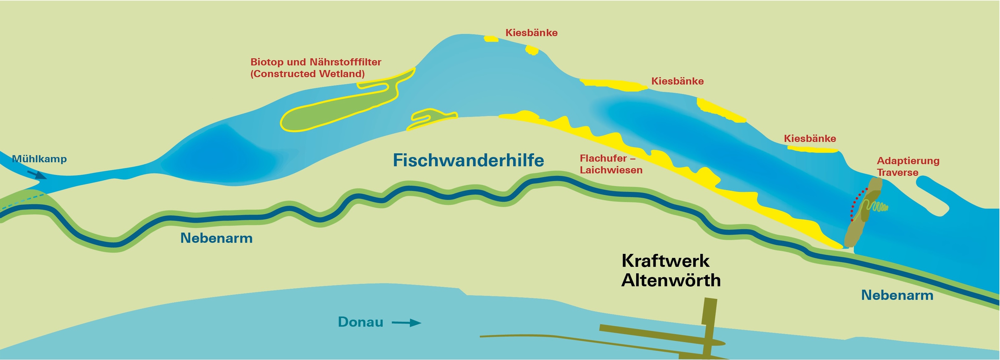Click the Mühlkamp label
pos(39,159)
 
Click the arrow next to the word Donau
pos(406,323)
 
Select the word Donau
pos(360,322)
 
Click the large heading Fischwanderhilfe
pos(468,160)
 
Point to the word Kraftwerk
pos(665,261)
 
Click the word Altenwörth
pos(671,280)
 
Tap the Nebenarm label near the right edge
pos(897,295)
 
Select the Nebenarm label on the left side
pos(216,238)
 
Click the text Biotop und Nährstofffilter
pos(316,62)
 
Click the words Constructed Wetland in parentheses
pos(307,74)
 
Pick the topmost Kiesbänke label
pos(531,33)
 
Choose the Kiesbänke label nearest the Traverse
pos(809,139)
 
